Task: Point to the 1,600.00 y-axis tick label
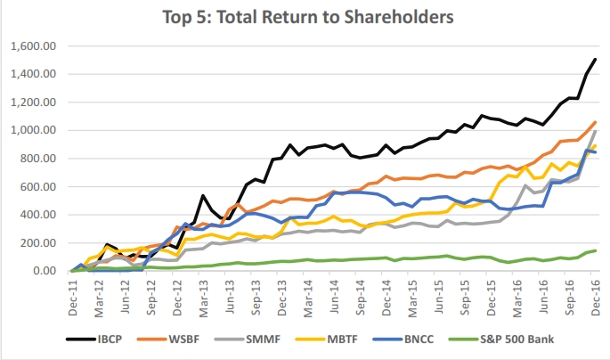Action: click(x=33, y=45)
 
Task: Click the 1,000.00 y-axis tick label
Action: click(x=33, y=130)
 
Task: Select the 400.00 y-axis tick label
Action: click(x=37, y=215)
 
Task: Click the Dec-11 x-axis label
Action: click(x=72, y=295)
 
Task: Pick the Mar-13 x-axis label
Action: click(x=202, y=295)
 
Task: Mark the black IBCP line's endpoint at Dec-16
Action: click(x=595, y=59)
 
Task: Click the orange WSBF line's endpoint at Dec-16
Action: click(x=595, y=122)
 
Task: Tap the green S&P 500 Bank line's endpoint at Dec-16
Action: click(x=595, y=250)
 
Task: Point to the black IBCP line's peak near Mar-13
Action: click(x=203, y=195)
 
